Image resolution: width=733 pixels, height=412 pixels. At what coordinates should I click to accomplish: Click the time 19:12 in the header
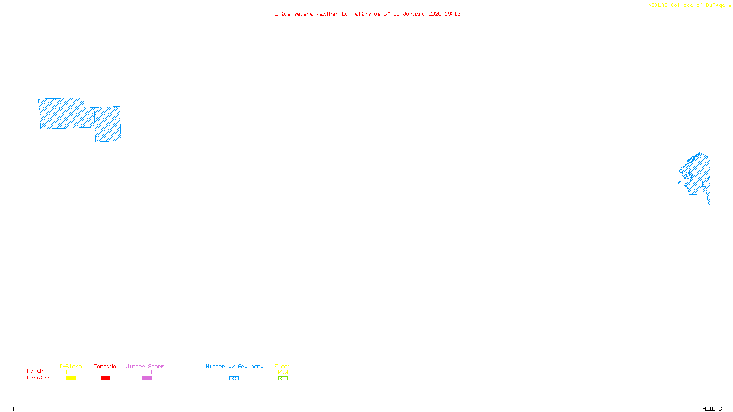point(452,14)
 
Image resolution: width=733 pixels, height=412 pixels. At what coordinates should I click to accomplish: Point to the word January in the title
point(414,14)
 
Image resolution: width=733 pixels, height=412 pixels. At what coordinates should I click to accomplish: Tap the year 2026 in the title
point(435,14)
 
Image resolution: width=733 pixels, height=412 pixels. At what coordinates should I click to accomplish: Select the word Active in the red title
point(280,14)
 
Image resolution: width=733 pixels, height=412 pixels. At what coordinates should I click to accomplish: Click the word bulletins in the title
point(356,14)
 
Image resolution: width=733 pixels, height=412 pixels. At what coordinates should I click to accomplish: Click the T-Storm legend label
point(71,366)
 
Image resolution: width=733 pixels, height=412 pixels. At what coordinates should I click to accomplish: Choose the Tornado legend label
point(105,366)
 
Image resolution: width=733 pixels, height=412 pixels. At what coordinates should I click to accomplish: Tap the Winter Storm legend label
point(145,366)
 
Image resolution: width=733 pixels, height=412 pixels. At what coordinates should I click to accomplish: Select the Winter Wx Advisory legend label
point(235,366)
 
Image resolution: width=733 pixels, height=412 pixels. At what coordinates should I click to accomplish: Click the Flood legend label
point(283,366)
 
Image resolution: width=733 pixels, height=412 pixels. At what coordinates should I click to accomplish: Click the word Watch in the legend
point(35,371)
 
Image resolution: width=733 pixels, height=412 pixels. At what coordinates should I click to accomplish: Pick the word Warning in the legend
point(38,378)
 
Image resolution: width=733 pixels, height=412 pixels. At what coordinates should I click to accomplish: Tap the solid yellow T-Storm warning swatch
point(71,379)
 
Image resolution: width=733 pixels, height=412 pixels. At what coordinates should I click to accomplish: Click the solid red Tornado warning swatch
point(105,379)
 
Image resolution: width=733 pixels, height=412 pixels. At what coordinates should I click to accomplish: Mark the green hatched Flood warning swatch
point(283,379)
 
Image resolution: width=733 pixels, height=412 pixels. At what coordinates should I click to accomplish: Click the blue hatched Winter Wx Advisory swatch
point(234,379)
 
